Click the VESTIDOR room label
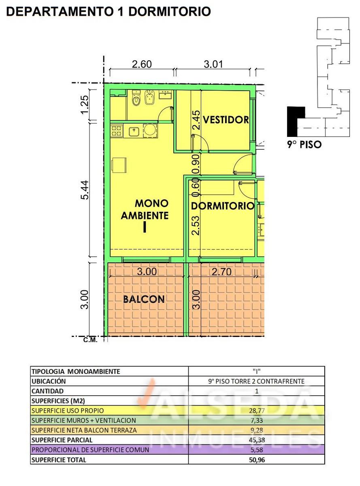pos(226,120)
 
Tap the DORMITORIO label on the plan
pos(222,206)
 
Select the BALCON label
pos(144,299)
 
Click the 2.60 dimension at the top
pos(142,64)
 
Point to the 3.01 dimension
pos(213,64)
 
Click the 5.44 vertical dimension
pos(85,190)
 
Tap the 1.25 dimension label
pos(85,104)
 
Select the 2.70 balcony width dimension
pos(222,272)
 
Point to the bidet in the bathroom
pos(150,98)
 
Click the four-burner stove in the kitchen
pos(117,131)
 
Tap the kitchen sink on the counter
pos(134,131)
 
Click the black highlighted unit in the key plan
pos(295,121)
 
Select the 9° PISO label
pos(305,145)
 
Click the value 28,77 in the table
pos(257,410)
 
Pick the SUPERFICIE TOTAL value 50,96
pos(257,460)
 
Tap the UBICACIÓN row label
pos(49,381)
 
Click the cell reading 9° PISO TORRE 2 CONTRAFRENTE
pos(256,381)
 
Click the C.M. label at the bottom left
pos(90,340)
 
